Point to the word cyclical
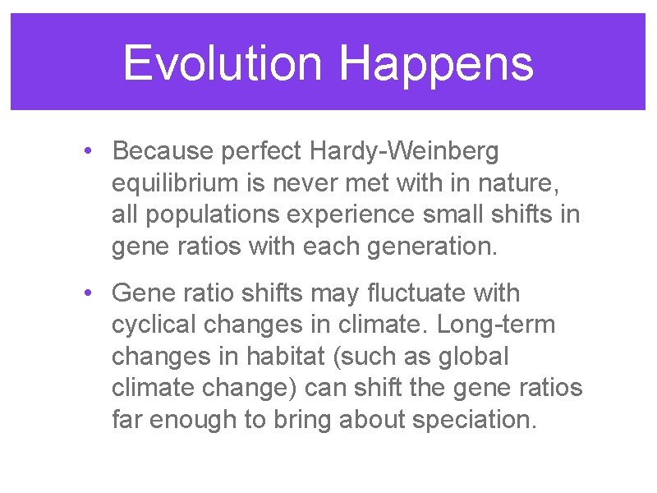(x=154, y=325)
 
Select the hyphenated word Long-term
(x=496, y=325)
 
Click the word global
(x=476, y=357)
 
